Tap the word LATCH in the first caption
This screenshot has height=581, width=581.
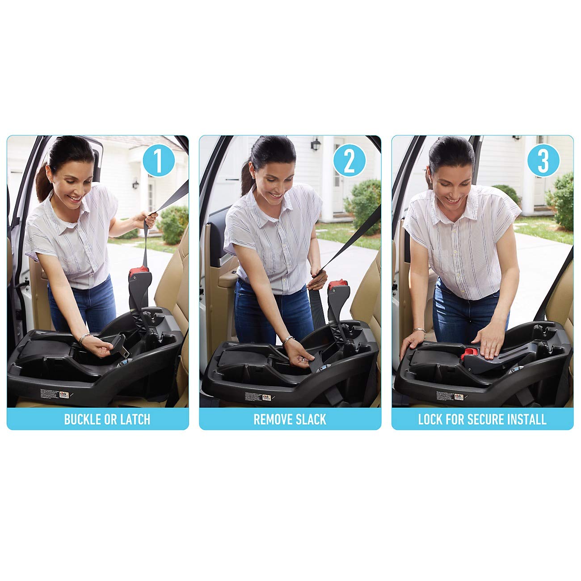(135, 419)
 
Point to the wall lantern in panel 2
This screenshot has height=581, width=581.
(316, 144)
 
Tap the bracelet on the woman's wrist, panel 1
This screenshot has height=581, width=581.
(84, 338)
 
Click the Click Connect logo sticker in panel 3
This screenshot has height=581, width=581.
(459, 396)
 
